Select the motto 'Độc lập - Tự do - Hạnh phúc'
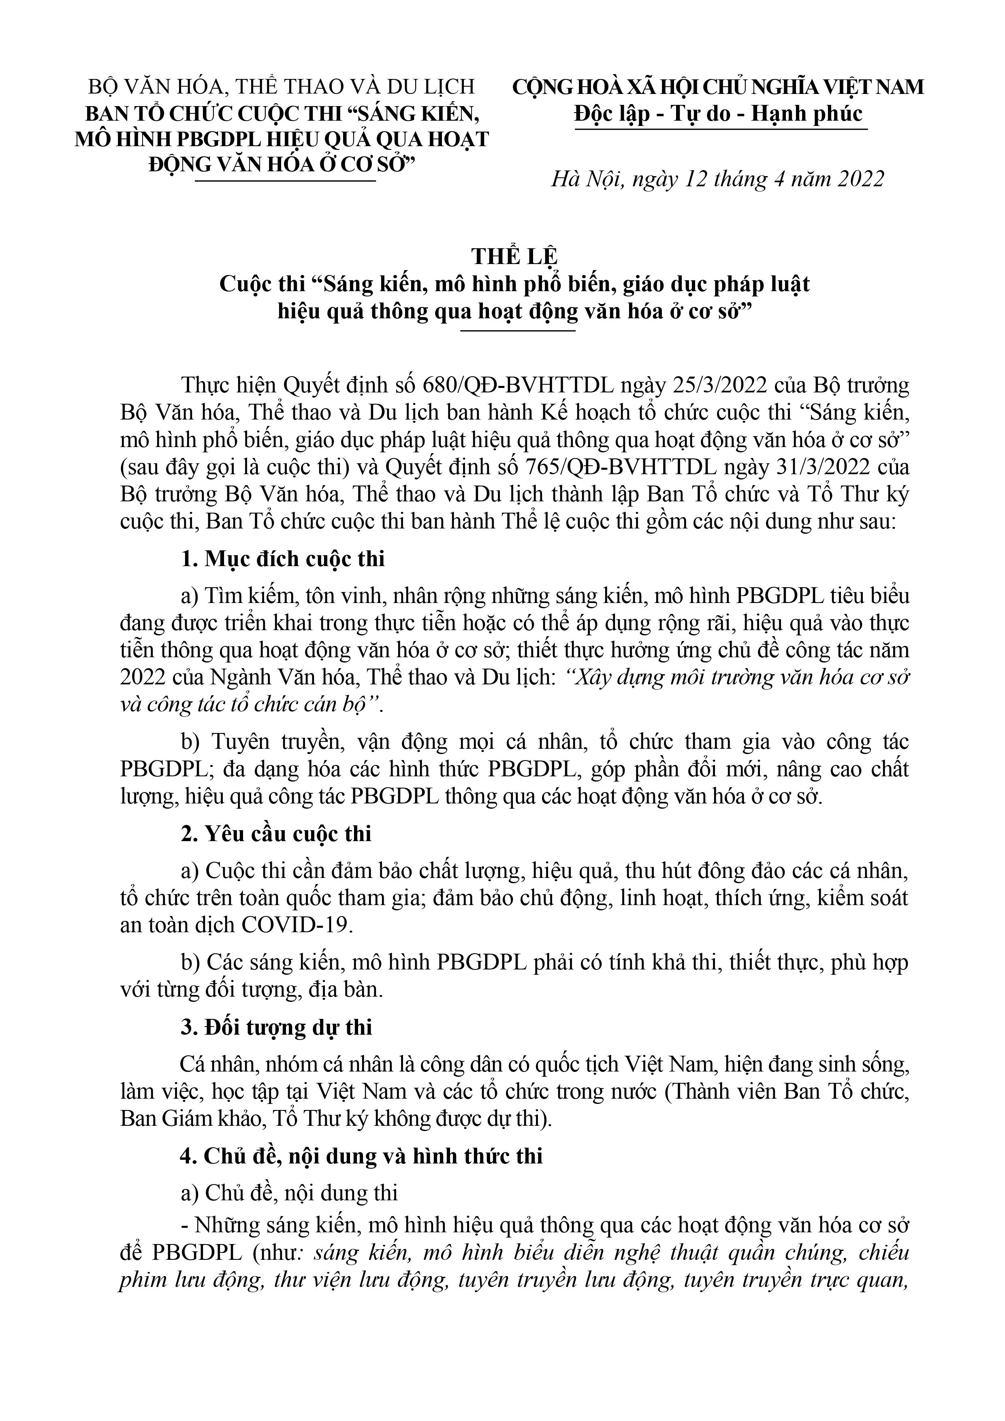[x=718, y=114]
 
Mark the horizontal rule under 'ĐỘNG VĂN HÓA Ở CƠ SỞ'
[x=286, y=181]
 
